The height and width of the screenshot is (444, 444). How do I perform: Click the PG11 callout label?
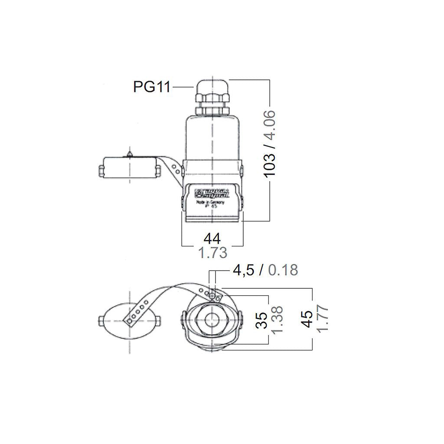coord(151,87)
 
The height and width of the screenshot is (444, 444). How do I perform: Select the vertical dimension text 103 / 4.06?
coord(270,144)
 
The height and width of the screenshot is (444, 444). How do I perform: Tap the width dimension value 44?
coord(212,238)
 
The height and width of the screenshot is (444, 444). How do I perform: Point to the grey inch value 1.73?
coord(212,252)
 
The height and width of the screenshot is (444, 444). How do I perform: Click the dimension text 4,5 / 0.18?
coord(265,270)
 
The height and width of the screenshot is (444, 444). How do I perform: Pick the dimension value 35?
coord(261,320)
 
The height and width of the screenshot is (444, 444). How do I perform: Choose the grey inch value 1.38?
coord(276,320)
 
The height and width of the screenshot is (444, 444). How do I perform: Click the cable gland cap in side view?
coord(212,86)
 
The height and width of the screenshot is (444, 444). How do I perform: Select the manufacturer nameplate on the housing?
coord(212,194)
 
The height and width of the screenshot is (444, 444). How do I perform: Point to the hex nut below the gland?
coord(212,109)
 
